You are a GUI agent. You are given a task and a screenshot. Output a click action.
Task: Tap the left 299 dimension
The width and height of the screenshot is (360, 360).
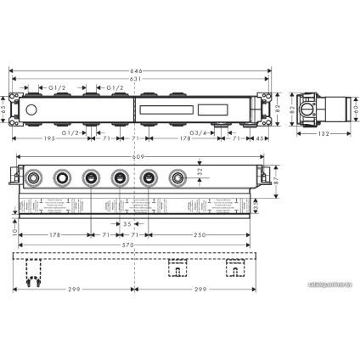pos(75,290)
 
